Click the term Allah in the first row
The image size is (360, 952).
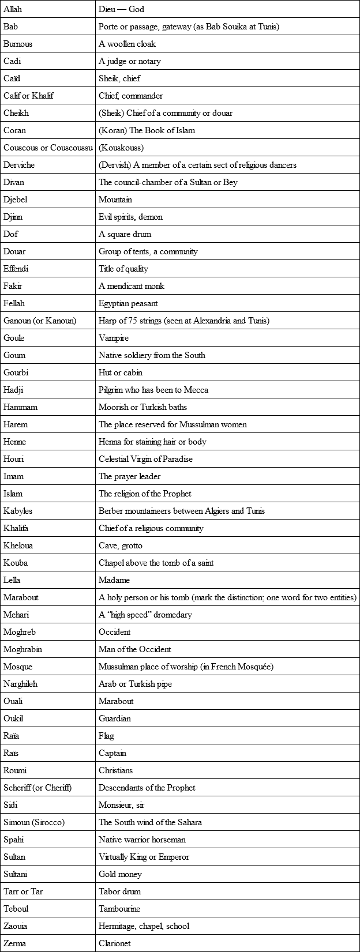[x=13, y=9]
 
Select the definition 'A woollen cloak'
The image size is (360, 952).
[x=127, y=44]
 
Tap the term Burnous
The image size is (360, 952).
[x=18, y=44]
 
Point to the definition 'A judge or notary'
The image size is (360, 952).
[x=130, y=61]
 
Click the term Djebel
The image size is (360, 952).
[x=16, y=200]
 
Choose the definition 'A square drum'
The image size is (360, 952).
[x=125, y=234]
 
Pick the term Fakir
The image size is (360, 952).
[x=13, y=286]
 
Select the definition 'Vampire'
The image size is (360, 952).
[x=114, y=338]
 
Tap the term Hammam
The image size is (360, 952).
[x=20, y=407]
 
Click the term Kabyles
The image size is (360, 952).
[x=18, y=511]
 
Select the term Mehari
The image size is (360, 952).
[x=17, y=615]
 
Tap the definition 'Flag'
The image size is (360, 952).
[x=106, y=736]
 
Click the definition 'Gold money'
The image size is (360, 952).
[x=120, y=874]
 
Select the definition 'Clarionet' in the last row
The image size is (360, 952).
[x=115, y=943]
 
